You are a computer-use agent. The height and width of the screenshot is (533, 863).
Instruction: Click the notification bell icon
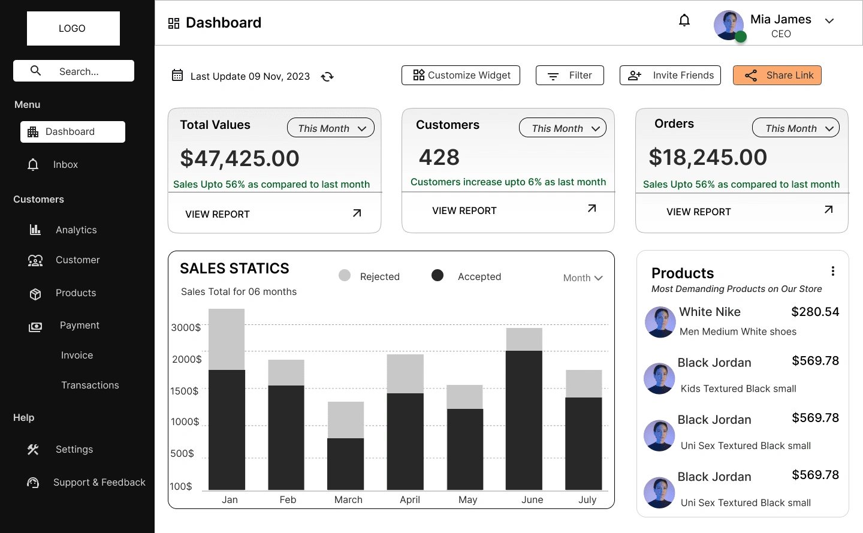point(684,20)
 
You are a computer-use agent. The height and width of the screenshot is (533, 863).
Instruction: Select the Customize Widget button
point(461,76)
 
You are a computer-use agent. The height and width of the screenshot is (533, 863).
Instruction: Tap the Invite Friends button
point(670,76)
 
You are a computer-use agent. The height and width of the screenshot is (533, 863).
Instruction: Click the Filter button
point(569,76)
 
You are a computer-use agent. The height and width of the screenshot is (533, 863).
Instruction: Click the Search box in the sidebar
point(74,71)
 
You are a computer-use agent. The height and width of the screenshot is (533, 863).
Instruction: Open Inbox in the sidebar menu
point(65,165)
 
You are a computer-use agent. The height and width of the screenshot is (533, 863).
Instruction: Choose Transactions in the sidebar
point(90,386)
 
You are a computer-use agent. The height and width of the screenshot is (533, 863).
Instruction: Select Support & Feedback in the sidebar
point(99,483)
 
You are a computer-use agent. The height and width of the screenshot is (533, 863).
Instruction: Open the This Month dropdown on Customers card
point(563,128)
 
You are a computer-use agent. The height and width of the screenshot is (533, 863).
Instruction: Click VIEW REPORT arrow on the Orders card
point(829,210)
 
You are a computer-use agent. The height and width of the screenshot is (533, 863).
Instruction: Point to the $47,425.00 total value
point(240,158)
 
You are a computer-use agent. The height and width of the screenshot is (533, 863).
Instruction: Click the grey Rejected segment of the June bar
point(524,339)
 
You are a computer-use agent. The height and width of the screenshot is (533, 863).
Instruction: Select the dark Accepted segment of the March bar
point(346,463)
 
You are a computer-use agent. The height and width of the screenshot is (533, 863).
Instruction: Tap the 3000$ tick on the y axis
point(186,328)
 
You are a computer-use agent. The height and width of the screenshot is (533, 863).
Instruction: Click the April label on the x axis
point(410,500)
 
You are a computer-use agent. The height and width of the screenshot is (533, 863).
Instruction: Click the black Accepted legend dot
point(437,275)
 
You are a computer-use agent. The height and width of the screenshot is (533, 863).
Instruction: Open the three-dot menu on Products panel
point(833,271)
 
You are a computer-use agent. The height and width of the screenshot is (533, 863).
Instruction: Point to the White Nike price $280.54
point(815,312)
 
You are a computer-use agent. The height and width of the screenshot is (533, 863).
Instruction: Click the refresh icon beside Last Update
point(327,77)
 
